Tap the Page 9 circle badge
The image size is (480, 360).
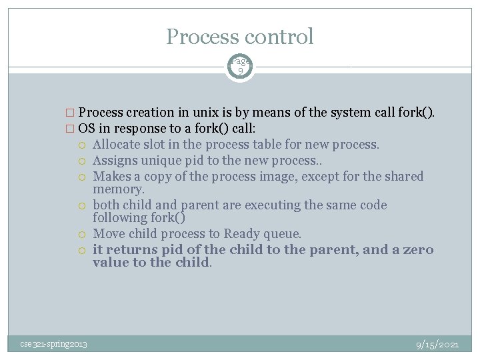tap(240, 65)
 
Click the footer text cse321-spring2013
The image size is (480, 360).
tap(53, 344)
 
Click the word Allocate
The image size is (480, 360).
tap(119, 145)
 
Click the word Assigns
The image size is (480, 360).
tap(117, 161)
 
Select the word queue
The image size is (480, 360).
tap(284, 234)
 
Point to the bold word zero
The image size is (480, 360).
tap(417, 250)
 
